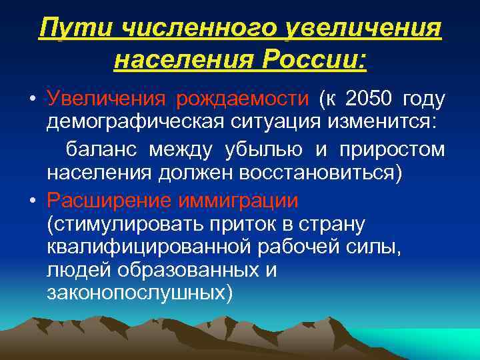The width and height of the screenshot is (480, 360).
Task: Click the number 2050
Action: tap(367, 100)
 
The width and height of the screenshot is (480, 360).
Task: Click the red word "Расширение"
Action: tap(104, 199)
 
